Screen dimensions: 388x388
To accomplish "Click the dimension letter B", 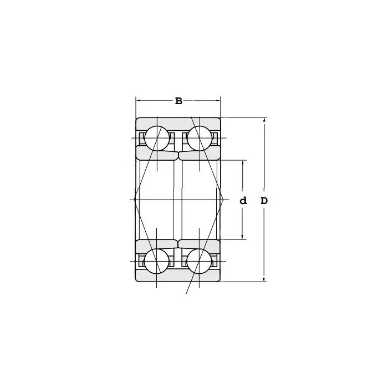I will (178, 101).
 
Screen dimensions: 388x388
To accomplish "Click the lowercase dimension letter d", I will (243, 201).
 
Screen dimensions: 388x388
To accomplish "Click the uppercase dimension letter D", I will (264, 201).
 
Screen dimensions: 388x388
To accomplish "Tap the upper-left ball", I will (157, 138).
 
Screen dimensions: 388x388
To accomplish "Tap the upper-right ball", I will (200, 138).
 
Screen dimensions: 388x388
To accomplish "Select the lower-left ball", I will (157, 261).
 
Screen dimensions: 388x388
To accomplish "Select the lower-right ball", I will (200, 261).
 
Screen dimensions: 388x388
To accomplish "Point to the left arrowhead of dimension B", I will (139, 101).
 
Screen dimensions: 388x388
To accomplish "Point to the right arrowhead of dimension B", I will (218, 101).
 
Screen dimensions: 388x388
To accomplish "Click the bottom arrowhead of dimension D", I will (264, 279).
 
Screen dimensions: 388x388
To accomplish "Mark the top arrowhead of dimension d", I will (243, 162).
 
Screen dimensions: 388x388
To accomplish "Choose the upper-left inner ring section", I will (157, 154).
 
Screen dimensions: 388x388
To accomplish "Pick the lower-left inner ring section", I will (157, 245).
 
